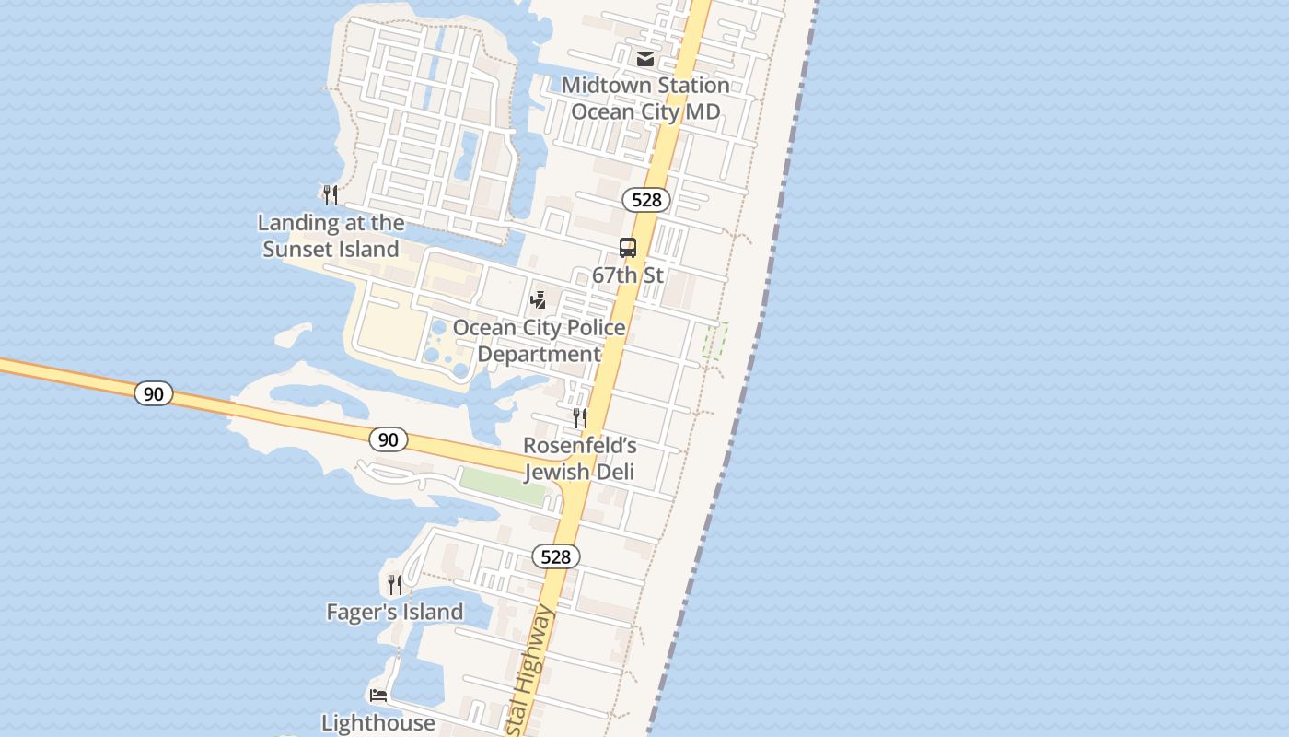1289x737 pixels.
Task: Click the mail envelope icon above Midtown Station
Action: point(645,59)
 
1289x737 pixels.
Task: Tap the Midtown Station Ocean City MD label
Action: point(645,99)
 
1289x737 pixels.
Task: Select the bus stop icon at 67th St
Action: point(628,248)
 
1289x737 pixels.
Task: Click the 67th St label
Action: point(628,275)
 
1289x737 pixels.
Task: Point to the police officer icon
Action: point(539,299)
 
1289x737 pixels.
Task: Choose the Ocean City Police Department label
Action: point(540,341)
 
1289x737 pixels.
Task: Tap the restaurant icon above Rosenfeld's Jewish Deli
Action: point(580,418)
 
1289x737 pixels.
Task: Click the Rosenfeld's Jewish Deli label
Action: point(580,459)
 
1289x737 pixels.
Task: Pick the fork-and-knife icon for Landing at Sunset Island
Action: point(331,194)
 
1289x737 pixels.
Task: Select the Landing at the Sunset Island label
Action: point(331,236)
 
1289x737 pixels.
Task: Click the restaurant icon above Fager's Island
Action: point(395,584)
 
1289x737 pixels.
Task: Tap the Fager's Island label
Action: point(395,612)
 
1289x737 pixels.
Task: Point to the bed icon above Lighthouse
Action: point(378,695)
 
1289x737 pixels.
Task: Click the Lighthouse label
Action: point(378,723)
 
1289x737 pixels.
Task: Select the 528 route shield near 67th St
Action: point(646,200)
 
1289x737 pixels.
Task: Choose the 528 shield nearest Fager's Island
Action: point(556,556)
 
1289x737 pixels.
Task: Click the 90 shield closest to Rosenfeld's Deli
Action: point(389,439)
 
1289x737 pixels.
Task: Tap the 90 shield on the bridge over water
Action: point(154,393)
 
